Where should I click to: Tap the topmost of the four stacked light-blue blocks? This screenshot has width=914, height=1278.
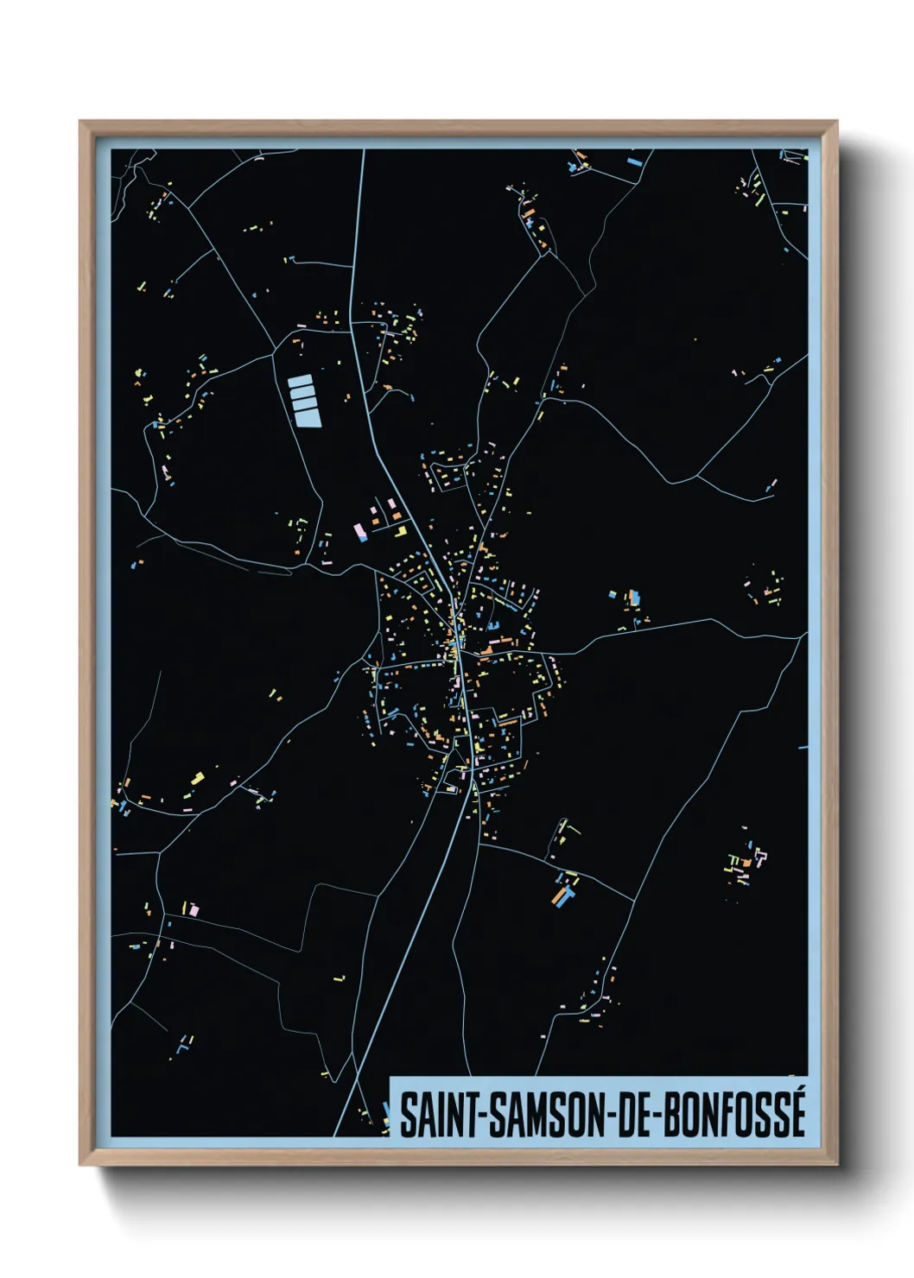(x=300, y=381)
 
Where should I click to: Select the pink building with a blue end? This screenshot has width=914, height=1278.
(x=360, y=532)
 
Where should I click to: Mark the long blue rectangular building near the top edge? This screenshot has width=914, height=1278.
(x=635, y=161)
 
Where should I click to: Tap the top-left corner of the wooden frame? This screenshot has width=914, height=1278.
(x=80, y=122)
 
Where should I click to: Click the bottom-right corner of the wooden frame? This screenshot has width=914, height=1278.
(x=837, y=1165)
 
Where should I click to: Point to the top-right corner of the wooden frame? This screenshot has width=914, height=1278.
(x=837, y=122)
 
